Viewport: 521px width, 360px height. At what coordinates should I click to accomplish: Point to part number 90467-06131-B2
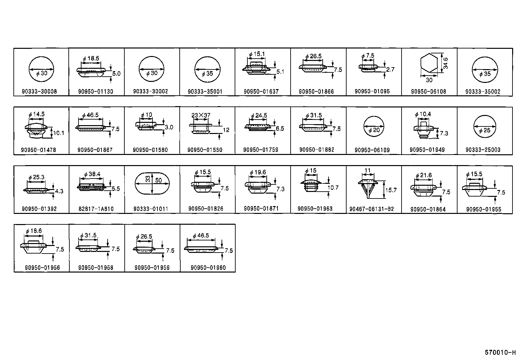(x=371, y=209)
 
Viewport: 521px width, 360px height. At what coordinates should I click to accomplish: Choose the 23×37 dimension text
(x=201, y=115)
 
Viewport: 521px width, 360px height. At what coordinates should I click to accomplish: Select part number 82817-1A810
(x=97, y=209)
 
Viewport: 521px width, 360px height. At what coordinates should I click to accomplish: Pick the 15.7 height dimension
(x=391, y=190)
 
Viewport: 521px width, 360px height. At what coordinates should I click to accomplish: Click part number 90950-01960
(x=208, y=268)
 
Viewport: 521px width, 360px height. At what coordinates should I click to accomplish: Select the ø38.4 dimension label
(x=92, y=174)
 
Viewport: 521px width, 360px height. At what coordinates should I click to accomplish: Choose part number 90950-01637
(x=261, y=92)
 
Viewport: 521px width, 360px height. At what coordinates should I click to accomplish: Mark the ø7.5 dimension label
(x=368, y=56)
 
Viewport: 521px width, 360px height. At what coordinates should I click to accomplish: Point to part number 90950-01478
(x=38, y=150)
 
